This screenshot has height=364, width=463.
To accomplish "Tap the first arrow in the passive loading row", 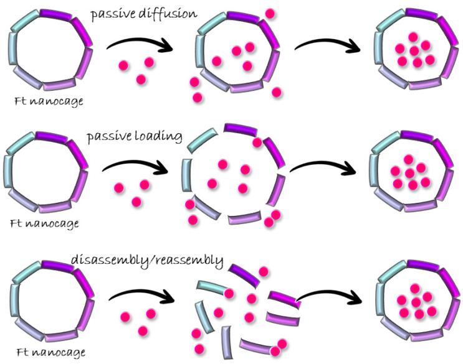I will [135, 166].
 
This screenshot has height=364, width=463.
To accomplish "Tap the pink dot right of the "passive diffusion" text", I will [270, 13].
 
